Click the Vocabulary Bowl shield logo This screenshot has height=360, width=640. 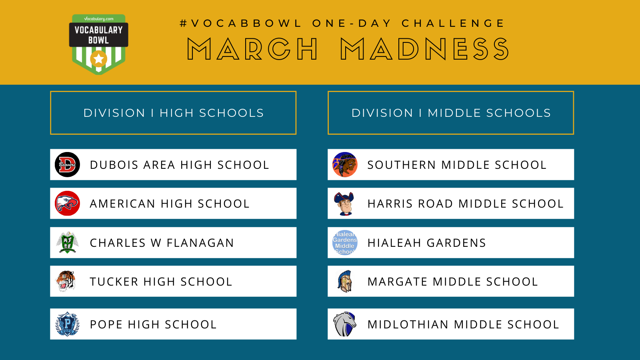[98, 44]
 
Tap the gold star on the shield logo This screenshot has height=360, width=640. [98, 59]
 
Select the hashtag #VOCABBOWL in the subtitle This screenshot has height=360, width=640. [241, 23]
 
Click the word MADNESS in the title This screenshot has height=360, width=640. [424, 49]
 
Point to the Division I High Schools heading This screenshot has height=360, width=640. [174, 113]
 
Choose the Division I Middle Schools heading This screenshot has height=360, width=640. [451, 113]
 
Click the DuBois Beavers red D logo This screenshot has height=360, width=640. [67, 164]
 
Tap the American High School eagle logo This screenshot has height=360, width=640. [67, 204]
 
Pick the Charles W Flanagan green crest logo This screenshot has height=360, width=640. [67, 242]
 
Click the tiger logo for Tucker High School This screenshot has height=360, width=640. [66, 281]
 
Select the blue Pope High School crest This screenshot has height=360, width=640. [67, 324]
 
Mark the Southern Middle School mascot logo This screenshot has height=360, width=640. [345, 164]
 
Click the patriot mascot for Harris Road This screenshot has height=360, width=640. [344, 204]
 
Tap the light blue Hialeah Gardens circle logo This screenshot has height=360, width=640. [345, 242]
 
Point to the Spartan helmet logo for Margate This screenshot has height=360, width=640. [344, 281]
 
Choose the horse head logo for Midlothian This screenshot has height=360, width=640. [345, 324]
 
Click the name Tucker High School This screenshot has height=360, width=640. [161, 282]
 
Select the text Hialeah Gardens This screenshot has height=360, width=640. [426, 243]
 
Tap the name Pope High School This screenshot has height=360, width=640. [153, 324]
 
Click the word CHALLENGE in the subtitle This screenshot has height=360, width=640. [453, 23]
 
